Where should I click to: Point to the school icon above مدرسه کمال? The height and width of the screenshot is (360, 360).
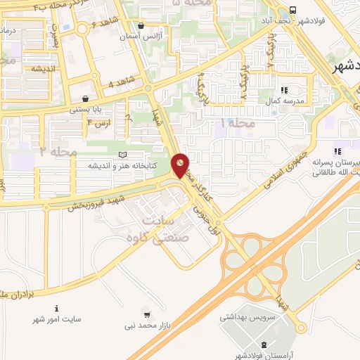285,90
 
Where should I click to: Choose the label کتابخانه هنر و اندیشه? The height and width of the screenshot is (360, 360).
122,165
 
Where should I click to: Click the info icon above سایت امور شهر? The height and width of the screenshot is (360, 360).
57,308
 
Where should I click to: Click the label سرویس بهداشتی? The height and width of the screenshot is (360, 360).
249,319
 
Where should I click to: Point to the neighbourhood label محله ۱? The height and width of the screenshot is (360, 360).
235,123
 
